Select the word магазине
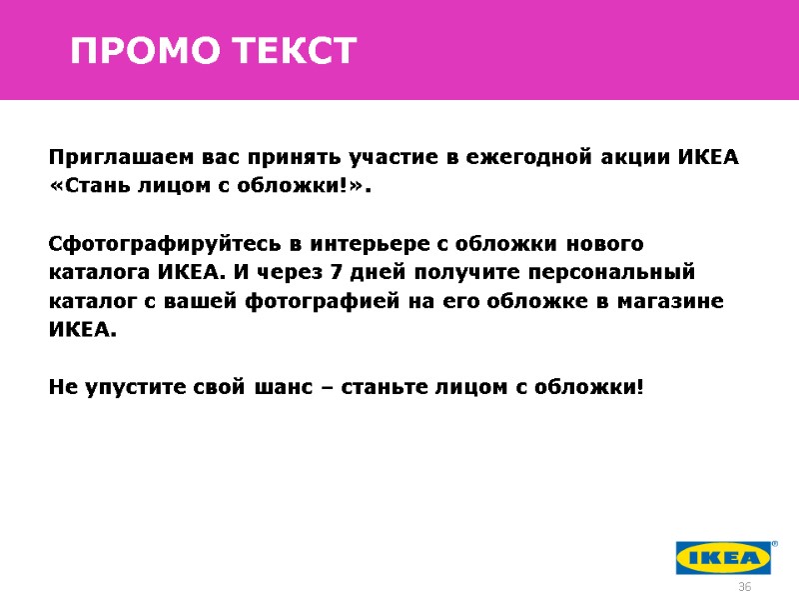pos(678,301)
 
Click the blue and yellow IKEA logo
pos(725,557)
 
